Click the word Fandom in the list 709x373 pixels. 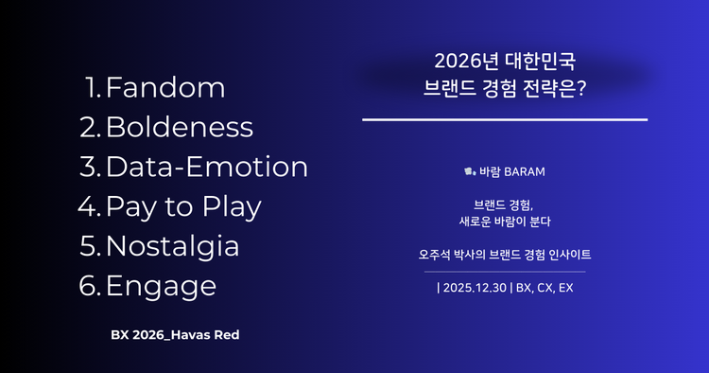click(x=165, y=88)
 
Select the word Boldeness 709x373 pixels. click(x=179, y=127)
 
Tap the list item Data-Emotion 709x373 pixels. click(x=207, y=167)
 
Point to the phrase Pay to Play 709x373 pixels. click(x=183, y=205)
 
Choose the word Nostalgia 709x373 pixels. click(x=172, y=245)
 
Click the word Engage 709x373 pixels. click(x=161, y=285)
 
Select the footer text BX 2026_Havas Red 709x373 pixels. click(x=182, y=335)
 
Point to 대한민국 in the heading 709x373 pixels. click(x=540, y=62)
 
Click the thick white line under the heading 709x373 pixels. click(x=505, y=120)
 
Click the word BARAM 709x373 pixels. click(x=525, y=174)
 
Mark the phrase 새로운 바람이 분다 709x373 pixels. click(x=505, y=222)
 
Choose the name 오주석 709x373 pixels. click(x=437, y=255)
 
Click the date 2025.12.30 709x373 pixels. click(x=476, y=286)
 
